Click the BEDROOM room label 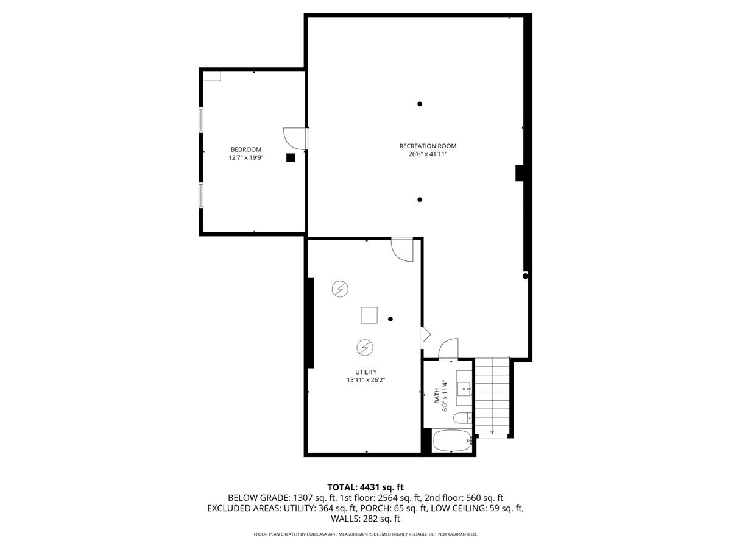click(245, 149)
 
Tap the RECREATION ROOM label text click(428, 146)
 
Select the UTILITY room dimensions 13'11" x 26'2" click(366, 380)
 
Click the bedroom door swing click(293, 138)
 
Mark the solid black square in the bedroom click(291, 157)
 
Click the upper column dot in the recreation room click(420, 104)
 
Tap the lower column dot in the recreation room click(420, 199)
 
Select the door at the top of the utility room click(403, 249)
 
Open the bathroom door click(448, 350)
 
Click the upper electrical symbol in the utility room click(339, 289)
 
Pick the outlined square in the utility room click(369, 315)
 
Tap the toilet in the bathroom click(464, 418)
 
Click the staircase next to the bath click(492, 396)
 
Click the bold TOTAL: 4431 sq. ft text click(365, 487)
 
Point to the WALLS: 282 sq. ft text click(365, 519)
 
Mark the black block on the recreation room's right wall click(520, 173)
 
